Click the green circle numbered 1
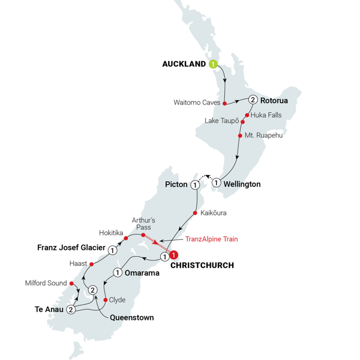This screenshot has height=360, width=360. coord(212,64)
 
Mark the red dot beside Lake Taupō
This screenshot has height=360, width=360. coord(243,121)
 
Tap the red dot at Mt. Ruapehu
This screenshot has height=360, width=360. coord(240,136)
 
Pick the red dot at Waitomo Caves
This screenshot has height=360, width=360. coord(224,103)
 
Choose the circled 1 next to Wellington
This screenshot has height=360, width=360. coord(217,182)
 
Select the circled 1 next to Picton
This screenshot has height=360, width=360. coord(195,185)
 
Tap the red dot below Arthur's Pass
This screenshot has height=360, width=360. coord(143,235)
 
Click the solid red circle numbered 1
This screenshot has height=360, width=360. coord(174,255)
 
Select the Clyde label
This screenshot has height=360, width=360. coord(118,299)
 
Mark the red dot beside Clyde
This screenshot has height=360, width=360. coord(106,299)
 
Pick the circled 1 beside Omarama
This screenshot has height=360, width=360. coord(118,272)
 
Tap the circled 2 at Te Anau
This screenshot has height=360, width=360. coord(71,310)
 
